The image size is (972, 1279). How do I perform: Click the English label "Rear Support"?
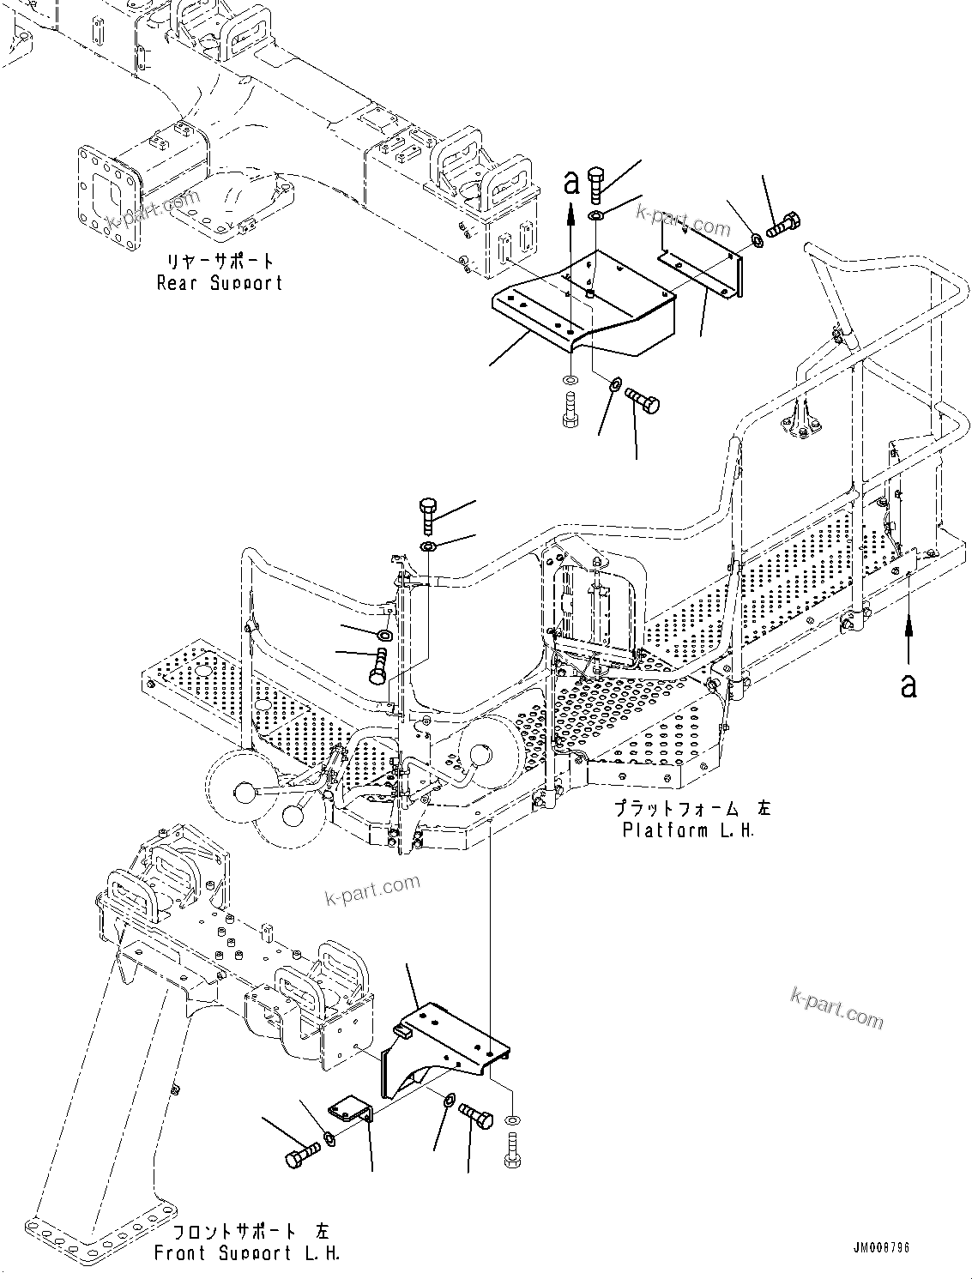[x=219, y=282]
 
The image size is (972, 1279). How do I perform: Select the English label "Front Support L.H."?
[x=247, y=1253]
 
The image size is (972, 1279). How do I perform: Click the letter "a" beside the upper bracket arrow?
[x=571, y=182]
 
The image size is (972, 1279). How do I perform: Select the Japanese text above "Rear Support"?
[x=219, y=260]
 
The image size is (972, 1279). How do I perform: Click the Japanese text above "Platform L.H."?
[x=691, y=808]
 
